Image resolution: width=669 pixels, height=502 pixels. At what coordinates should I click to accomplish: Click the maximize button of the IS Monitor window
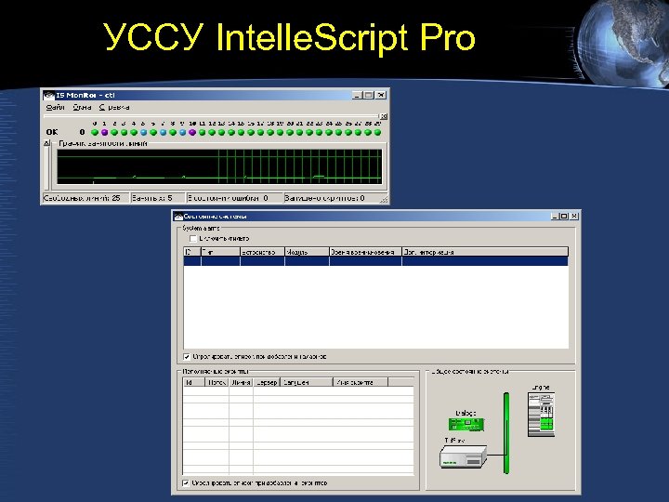pyautogui.click(x=369, y=95)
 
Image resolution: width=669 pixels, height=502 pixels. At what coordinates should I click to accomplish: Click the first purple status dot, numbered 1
pyautogui.click(x=104, y=132)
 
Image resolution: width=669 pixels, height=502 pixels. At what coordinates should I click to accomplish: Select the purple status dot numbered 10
pyautogui.click(x=192, y=132)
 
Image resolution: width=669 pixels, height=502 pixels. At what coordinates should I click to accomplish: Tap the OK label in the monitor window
pyautogui.click(x=52, y=132)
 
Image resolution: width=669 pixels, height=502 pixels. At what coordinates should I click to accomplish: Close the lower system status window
pyautogui.click(x=573, y=216)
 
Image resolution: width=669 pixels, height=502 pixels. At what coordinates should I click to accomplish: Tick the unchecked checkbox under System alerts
pyautogui.click(x=192, y=238)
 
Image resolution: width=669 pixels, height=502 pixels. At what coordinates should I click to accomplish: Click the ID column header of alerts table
pyautogui.click(x=189, y=251)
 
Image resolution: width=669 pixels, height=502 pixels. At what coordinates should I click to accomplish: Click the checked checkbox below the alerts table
pyautogui.click(x=187, y=355)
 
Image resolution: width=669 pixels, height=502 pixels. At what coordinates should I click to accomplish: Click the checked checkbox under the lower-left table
pyautogui.click(x=187, y=482)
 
